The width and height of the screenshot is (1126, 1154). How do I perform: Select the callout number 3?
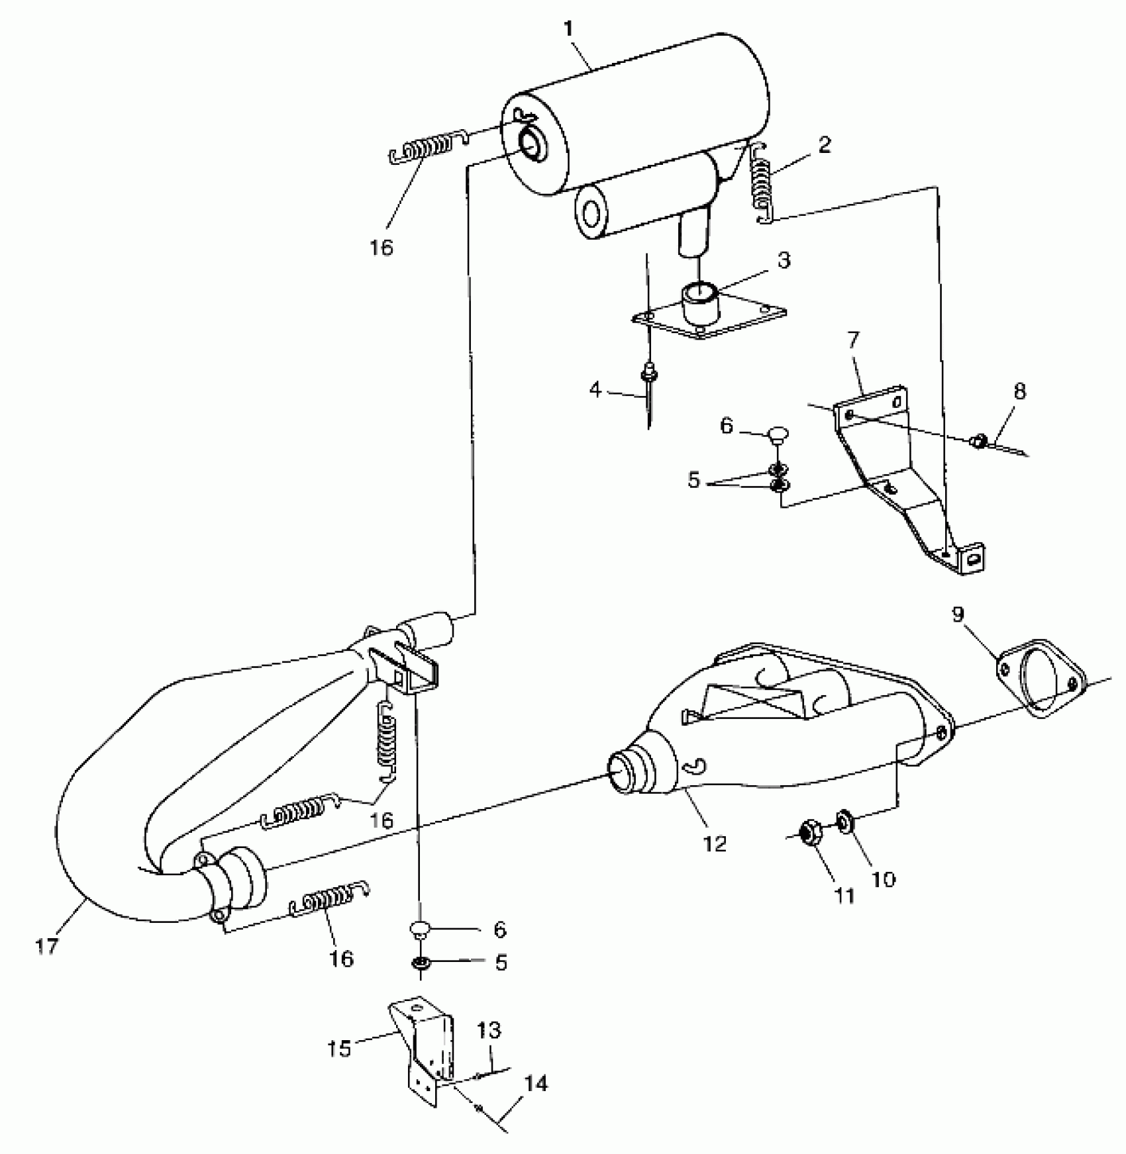click(x=784, y=260)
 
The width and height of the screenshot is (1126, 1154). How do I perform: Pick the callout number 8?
click(x=1019, y=391)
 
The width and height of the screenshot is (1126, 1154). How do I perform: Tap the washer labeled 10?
click(x=845, y=822)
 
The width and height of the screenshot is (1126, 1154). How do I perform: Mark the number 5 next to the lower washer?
click(x=501, y=962)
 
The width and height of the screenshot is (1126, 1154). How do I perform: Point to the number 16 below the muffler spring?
click(x=382, y=247)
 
